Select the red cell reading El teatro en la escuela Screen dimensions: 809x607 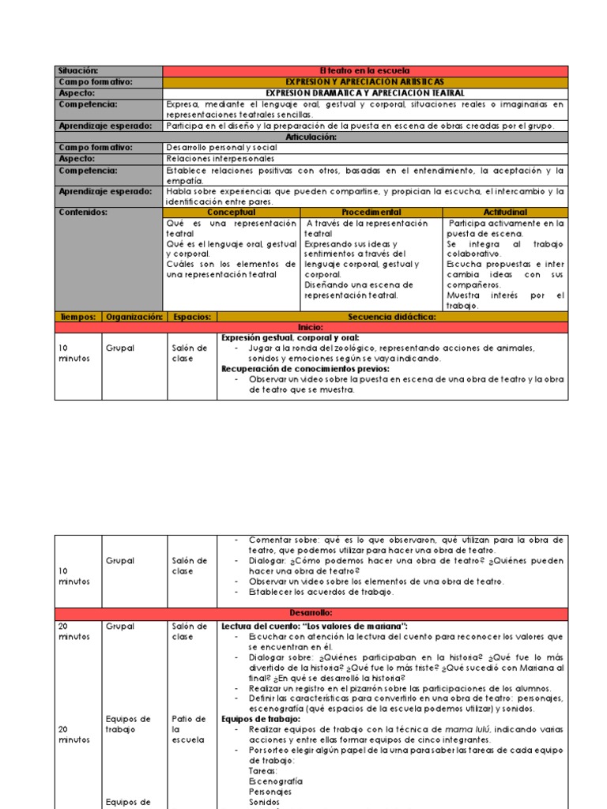tap(364, 71)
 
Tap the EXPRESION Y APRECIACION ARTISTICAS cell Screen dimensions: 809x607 tap(364, 82)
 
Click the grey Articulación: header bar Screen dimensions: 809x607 tap(311, 137)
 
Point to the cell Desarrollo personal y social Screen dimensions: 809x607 tap(210, 148)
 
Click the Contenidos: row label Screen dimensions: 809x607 tap(83, 213)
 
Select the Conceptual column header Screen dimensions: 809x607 tap(231, 213)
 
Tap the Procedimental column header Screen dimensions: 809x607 tap(371, 213)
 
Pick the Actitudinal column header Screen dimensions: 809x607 tap(504, 213)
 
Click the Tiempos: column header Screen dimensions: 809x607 tap(77, 317)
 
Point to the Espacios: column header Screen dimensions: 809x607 tap(191, 317)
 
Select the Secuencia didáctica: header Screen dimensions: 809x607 tap(392, 317)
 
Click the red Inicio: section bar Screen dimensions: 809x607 tap(311, 327)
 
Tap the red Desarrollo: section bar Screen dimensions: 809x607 tap(311, 613)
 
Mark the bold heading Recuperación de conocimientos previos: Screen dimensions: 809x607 tap(305, 369)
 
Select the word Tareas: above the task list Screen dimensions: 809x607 tap(263, 770)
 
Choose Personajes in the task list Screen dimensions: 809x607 tap(270, 791)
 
